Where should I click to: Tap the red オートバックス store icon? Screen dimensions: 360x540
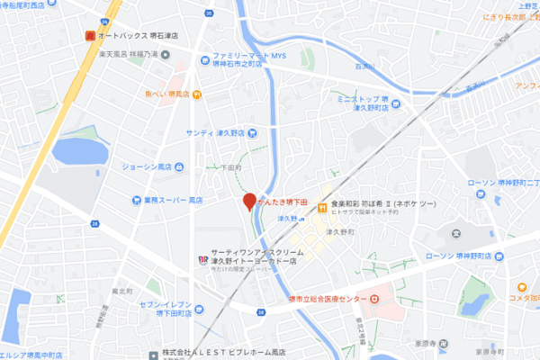pos(89,36)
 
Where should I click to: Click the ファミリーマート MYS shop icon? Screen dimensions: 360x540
pos(206,54)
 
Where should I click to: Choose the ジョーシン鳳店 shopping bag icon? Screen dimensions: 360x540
pos(178,166)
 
